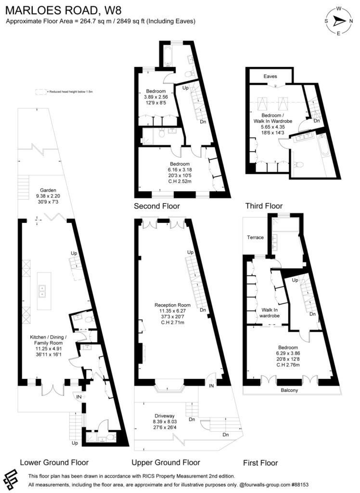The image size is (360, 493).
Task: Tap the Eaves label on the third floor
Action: coord(270,76)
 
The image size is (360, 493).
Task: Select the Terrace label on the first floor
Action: coord(256,237)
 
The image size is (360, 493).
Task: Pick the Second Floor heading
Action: coord(157,206)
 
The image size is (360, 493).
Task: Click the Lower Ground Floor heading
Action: coord(54,462)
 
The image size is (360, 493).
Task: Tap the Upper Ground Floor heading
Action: coord(166,462)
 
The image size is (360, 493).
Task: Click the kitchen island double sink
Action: coord(42,290)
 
